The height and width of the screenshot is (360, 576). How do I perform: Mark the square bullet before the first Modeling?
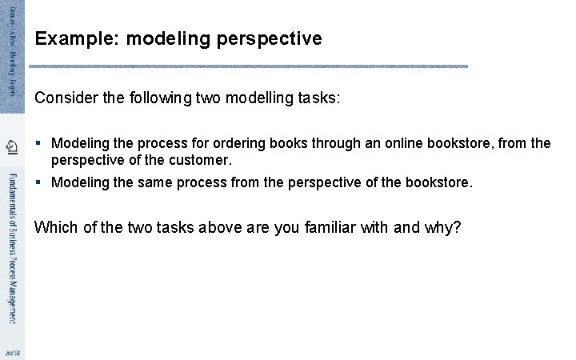click(x=38, y=144)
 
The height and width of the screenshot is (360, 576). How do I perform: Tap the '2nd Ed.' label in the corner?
click(x=11, y=353)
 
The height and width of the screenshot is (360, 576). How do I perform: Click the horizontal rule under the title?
click(x=250, y=66)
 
